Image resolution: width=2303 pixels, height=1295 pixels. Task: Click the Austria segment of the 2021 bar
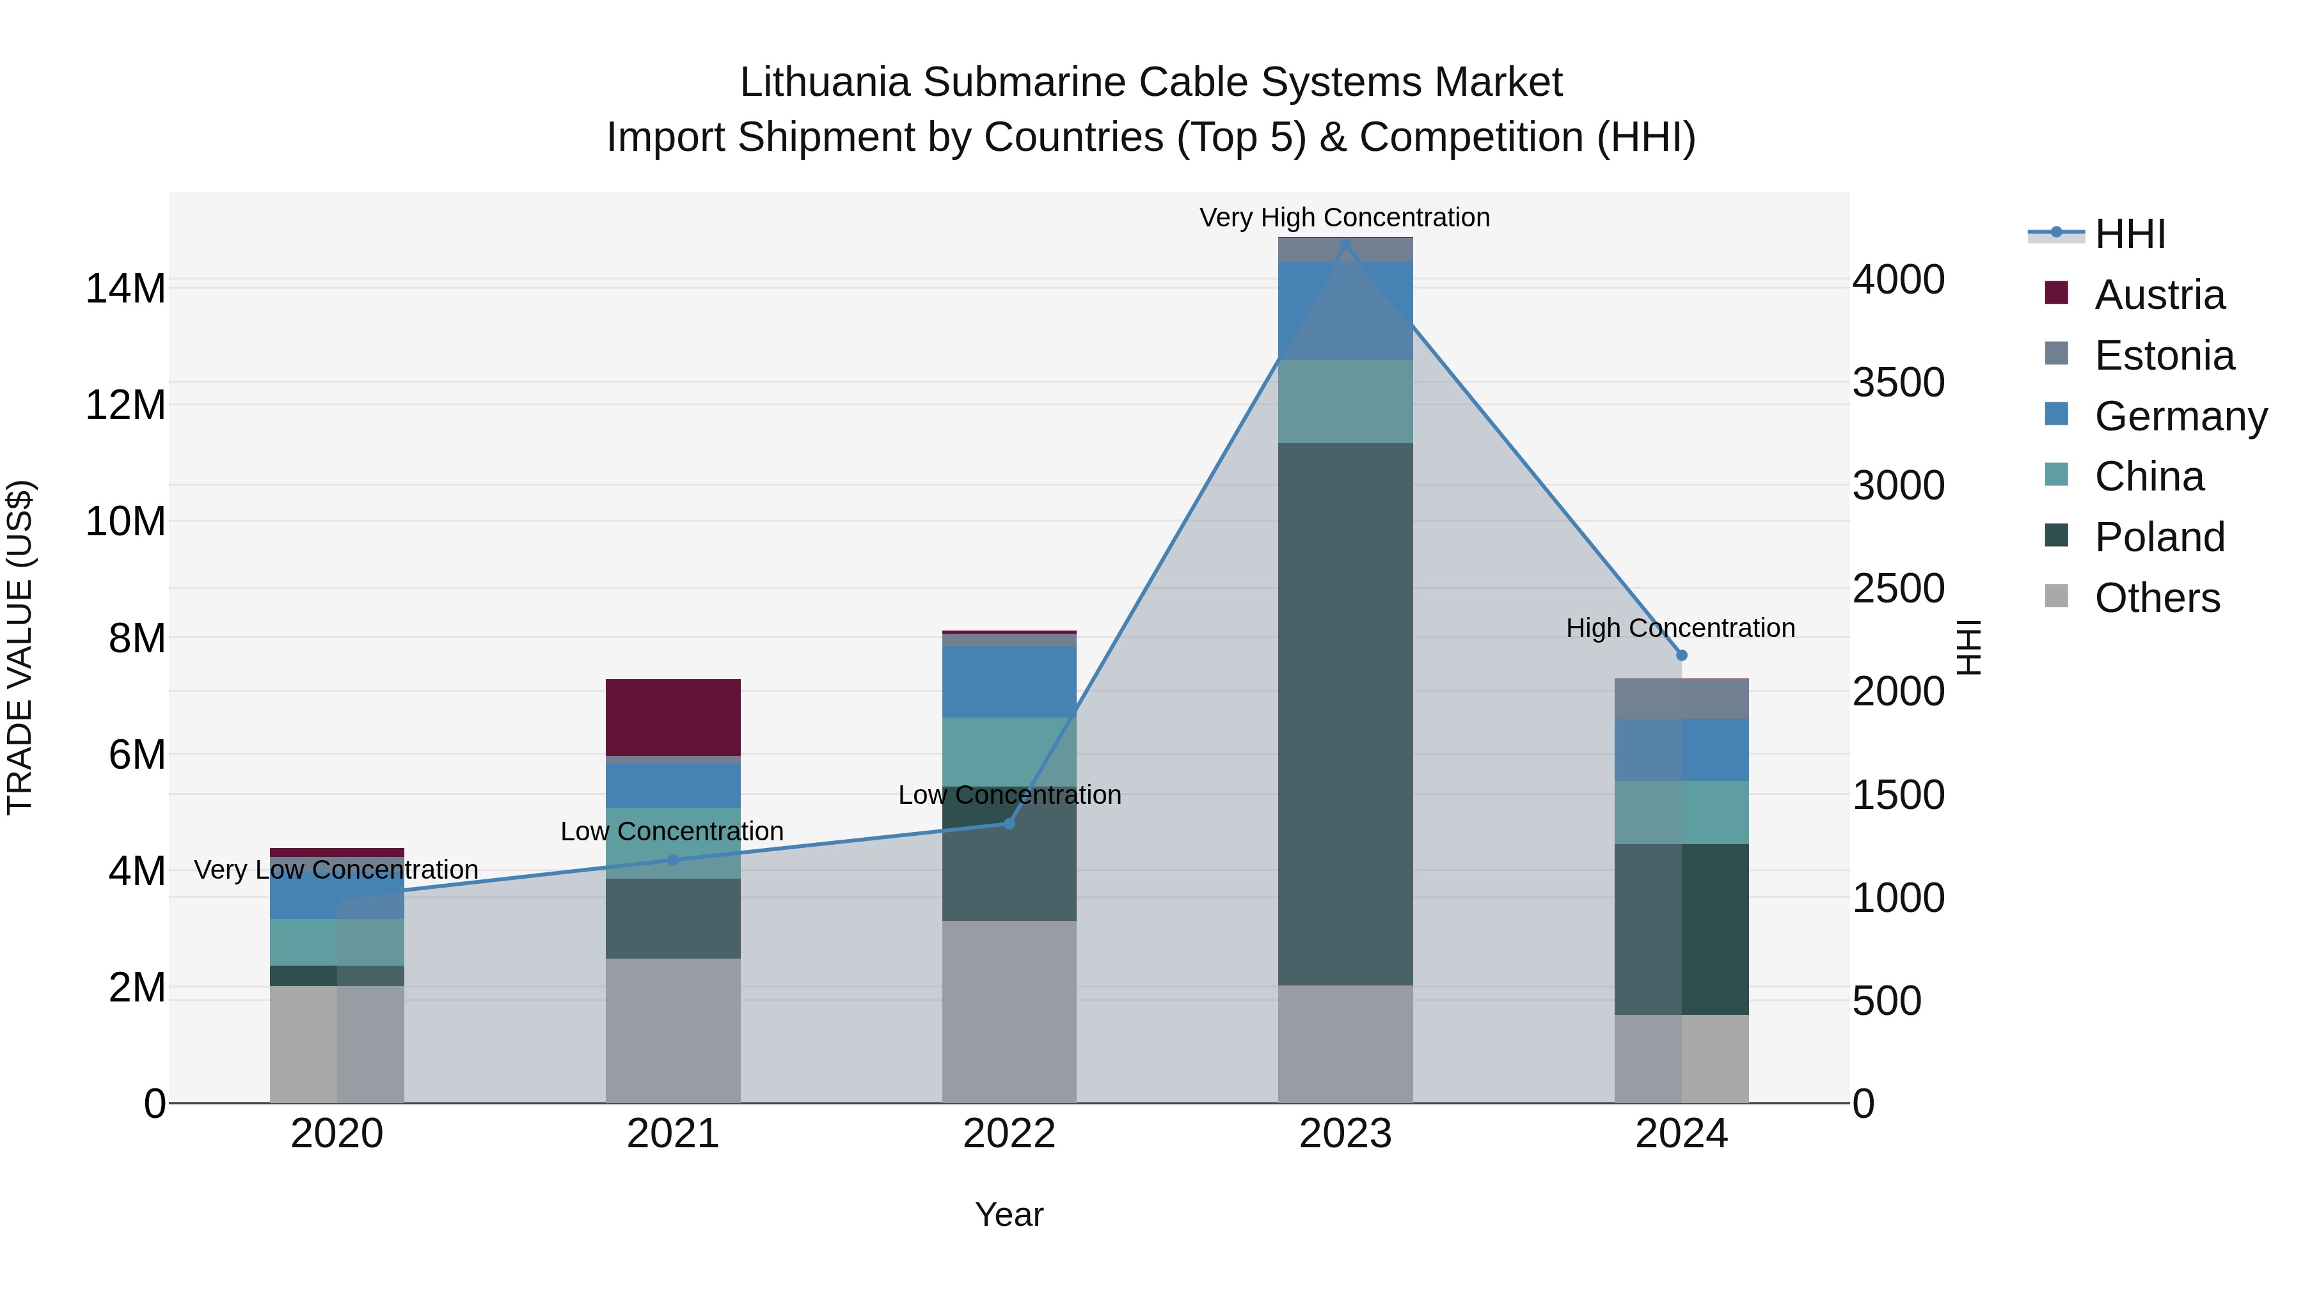click(x=672, y=717)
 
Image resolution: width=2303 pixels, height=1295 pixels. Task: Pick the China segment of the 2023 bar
click(x=1345, y=401)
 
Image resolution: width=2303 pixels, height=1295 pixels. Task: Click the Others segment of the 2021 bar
click(x=672, y=1030)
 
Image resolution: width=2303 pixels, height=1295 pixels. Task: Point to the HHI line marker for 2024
click(x=1681, y=655)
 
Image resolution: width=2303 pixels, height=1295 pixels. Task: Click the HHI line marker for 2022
click(x=1009, y=823)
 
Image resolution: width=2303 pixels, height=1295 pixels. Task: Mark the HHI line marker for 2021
click(x=673, y=859)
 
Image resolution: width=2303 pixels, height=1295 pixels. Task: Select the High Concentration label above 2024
click(x=1680, y=628)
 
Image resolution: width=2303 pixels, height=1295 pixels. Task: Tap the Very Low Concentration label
click(x=336, y=870)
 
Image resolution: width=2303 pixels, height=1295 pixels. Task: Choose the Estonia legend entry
click(x=2164, y=356)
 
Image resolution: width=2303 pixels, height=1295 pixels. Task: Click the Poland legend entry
click(x=2159, y=537)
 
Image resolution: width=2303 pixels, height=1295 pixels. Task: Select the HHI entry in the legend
click(x=2130, y=234)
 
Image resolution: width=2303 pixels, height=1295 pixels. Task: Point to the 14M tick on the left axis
click(x=125, y=288)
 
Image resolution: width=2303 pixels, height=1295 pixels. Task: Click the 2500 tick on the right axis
click(x=1898, y=588)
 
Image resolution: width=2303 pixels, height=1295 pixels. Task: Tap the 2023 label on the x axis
click(x=1345, y=1134)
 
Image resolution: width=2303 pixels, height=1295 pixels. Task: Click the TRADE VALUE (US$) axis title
click(x=20, y=647)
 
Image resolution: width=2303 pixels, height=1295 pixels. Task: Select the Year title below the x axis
click(x=1008, y=1214)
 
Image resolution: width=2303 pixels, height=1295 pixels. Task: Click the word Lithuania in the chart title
click(x=825, y=82)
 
